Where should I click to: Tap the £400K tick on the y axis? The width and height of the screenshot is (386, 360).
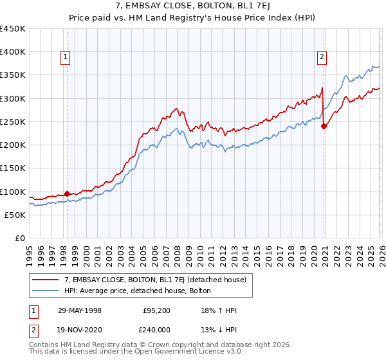click(13, 52)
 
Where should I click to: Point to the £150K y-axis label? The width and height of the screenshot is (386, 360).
click(13, 168)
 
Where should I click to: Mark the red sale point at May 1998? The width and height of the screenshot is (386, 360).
click(67, 194)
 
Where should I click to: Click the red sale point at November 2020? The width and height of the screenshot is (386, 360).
click(324, 127)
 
